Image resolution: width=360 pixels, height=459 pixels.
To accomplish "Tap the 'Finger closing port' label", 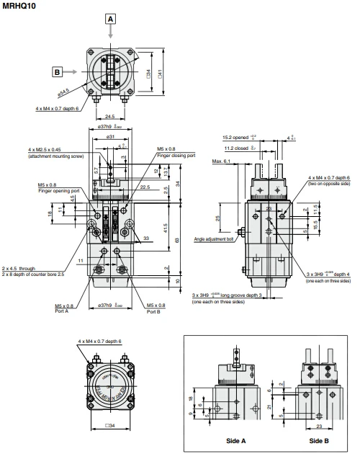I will [174, 155].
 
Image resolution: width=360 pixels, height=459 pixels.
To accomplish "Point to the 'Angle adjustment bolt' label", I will [214, 239].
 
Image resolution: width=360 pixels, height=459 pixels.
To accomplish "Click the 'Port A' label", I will [63, 311].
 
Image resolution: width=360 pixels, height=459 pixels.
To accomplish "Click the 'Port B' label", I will [156, 311].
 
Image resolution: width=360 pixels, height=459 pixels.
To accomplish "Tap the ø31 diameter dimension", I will [112, 137].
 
